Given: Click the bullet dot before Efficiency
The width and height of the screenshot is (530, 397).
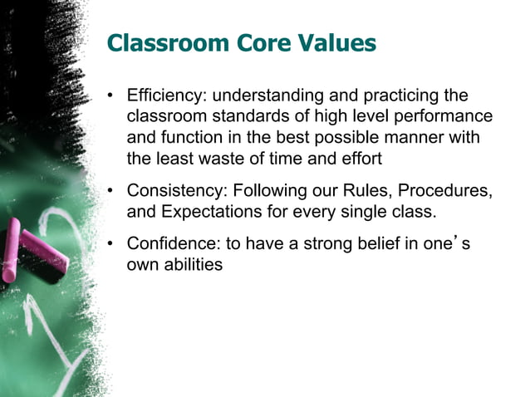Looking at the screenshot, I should pos(110,96).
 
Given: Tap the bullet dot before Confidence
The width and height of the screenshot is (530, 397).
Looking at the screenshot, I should pos(110,245).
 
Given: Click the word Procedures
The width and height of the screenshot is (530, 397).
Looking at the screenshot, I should pos(449,191).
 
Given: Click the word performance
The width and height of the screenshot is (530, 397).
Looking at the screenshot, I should pos(448,116).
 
